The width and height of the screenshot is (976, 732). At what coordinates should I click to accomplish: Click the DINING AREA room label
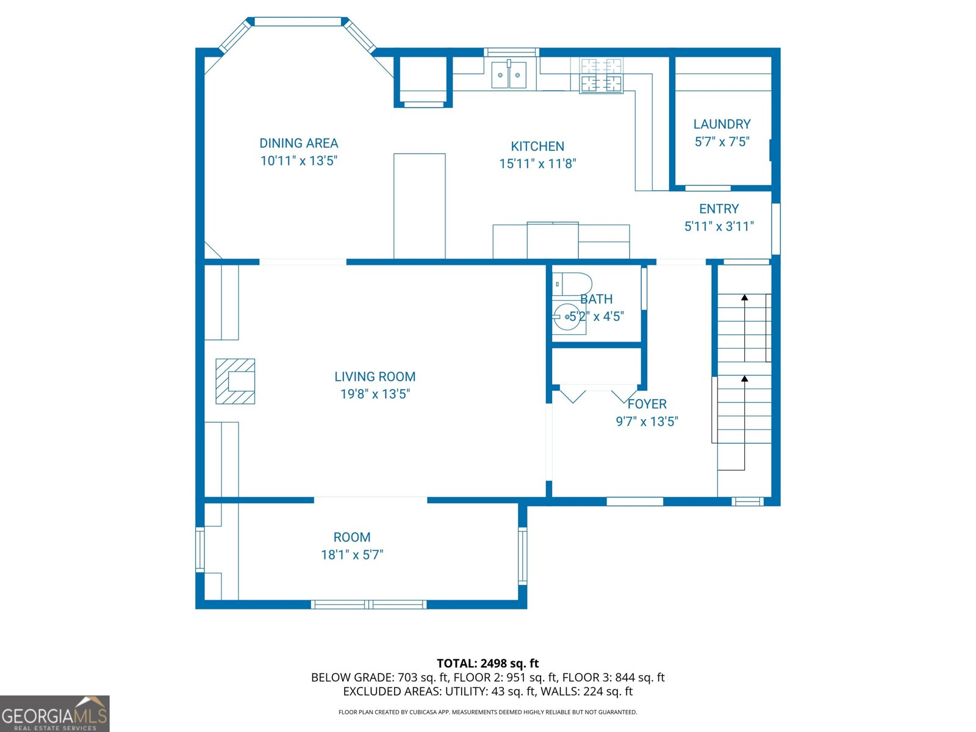pos(299,143)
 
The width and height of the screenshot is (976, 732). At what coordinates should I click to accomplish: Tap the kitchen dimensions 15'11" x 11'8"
pos(537,163)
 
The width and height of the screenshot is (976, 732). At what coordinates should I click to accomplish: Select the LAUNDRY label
pos(722,124)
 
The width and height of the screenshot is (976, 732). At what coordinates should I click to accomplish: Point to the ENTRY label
pos(719,209)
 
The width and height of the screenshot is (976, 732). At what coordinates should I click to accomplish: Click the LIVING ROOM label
pos(375,376)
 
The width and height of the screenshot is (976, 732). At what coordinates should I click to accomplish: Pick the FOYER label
pos(647,404)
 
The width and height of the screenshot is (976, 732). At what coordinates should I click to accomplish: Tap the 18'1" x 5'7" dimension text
pos(352,554)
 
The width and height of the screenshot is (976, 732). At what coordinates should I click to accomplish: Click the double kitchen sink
pos(509,74)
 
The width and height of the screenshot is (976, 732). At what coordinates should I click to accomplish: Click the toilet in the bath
pos(573,284)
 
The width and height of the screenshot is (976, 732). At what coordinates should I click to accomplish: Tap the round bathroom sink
pos(568,317)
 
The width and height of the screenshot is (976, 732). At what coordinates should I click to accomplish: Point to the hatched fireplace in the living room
pos(235,381)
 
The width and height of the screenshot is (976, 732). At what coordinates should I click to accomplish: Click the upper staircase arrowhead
pos(744,297)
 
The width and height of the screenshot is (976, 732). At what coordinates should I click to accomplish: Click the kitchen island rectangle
pos(419,206)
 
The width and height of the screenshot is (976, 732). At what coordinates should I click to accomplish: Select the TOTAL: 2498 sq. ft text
pos(488,664)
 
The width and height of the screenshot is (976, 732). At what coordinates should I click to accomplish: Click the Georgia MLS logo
pos(55,714)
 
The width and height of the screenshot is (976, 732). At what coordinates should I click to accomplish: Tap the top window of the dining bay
pos(298,21)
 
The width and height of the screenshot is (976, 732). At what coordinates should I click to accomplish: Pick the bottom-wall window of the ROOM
pos(368,605)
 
